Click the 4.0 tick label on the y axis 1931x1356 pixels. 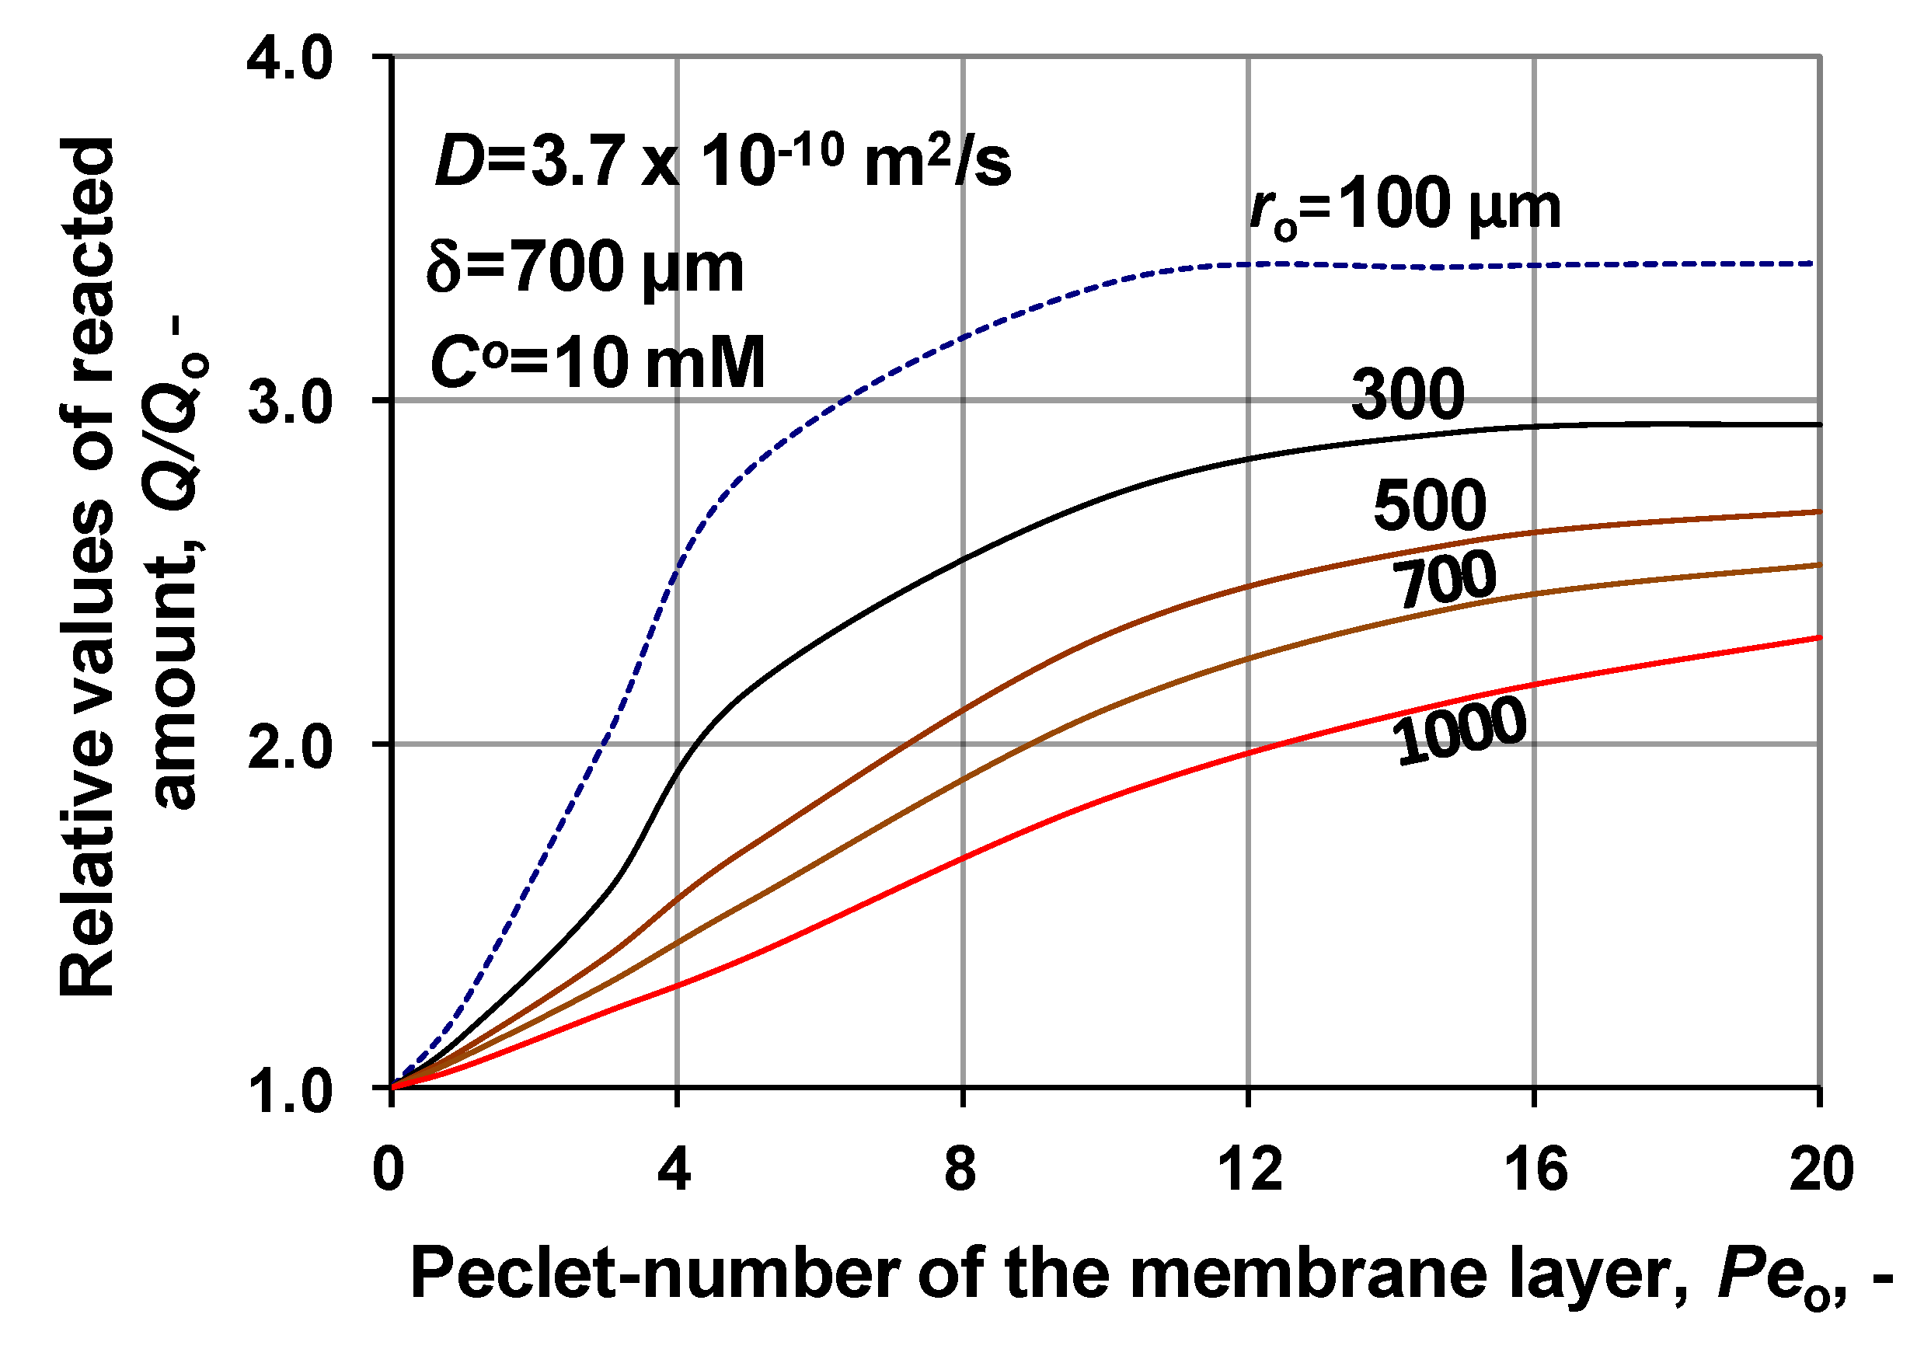point(290,61)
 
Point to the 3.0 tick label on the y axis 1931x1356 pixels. point(290,403)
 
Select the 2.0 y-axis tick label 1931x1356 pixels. point(290,747)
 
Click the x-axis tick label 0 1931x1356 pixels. point(389,1169)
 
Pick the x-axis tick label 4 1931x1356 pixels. point(674,1169)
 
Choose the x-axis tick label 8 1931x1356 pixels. point(960,1169)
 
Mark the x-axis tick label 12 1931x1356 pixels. point(1250,1169)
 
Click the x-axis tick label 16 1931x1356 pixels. point(1535,1169)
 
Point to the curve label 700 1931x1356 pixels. point(1444,580)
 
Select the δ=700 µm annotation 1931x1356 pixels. point(585,267)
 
